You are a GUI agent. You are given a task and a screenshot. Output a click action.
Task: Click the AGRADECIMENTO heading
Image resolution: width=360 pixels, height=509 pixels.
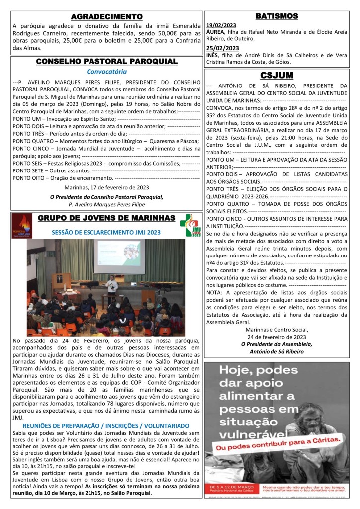click(106, 17)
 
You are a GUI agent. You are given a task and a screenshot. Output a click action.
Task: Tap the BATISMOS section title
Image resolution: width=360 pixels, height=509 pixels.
click(276, 16)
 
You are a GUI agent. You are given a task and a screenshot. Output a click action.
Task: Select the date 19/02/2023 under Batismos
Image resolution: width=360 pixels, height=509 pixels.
click(221, 25)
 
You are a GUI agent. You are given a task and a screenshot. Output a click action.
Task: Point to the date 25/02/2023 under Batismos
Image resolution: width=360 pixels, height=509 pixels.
click(222, 48)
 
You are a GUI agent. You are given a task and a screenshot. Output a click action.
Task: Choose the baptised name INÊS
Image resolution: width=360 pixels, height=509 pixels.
click(213, 55)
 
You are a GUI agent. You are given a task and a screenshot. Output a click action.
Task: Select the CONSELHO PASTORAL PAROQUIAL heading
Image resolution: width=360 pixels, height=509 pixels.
click(106, 61)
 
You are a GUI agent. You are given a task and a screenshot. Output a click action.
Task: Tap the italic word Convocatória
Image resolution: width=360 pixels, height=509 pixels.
click(106, 72)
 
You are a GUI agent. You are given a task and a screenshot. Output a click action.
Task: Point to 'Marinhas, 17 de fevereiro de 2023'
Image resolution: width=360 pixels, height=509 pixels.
click(106, 187)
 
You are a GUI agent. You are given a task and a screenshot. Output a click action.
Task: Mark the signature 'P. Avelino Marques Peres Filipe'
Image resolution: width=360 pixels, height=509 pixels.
click(106, 204)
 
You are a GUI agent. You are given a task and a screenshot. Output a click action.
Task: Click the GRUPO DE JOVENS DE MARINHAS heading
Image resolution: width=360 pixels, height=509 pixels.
click(106, 218)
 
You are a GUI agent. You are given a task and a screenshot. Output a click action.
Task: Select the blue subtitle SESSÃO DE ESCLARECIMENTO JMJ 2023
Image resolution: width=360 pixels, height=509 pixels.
click(106, 232)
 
